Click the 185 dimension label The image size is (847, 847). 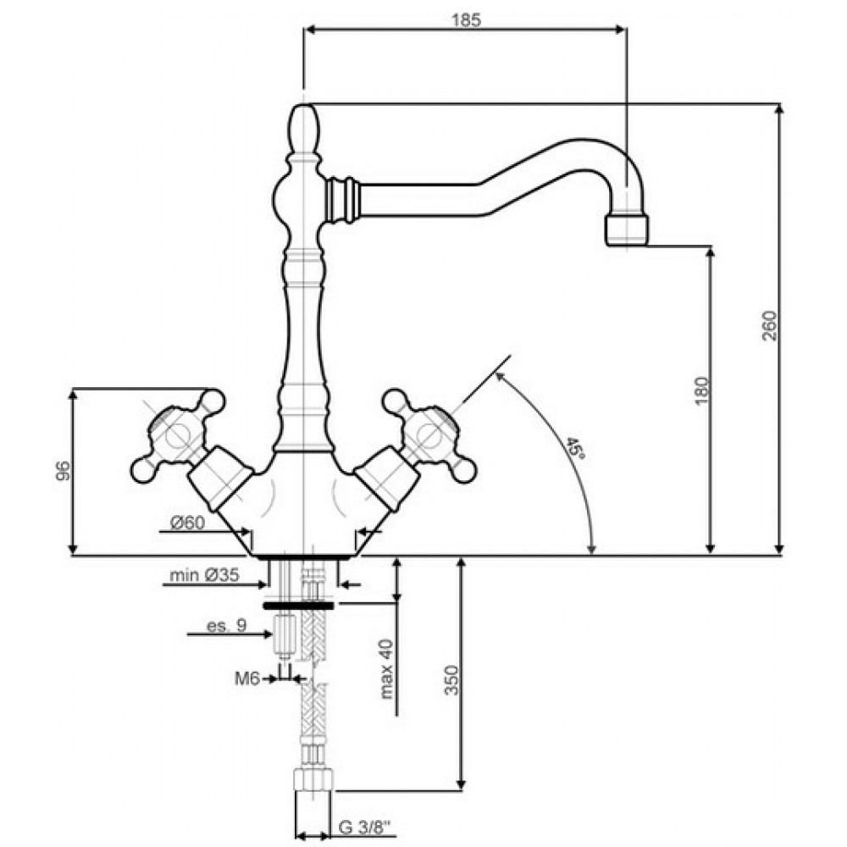click(466, 20)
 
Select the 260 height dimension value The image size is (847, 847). click(769, 325)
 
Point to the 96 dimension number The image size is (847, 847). click(63, 470)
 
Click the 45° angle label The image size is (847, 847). click(576, 448)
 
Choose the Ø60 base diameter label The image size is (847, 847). click(187, 523)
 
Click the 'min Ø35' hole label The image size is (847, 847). click(204, 575)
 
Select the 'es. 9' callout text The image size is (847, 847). click(226, 626)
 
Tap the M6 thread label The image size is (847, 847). click(246, 678)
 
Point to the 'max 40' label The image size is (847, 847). click(386, 669)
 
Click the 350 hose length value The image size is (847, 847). click(451, 681)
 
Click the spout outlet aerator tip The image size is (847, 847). click(627, 230)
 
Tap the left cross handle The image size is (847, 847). click(178, 435)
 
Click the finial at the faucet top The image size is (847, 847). click(305, 129)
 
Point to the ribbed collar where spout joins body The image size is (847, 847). click(341, 199)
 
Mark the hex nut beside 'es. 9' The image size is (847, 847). click(283, 634)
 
